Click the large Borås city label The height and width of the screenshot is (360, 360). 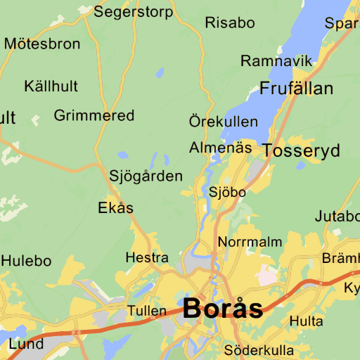(x=224, y=309)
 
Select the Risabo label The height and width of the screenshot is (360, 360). (x=230, y=22)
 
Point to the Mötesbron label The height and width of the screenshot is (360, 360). (x=42, y=44)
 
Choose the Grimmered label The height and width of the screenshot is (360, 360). (x=94, y=115)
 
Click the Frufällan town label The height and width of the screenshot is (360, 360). (x=297, y=89)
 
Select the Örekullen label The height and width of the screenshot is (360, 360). (x=224, y=122)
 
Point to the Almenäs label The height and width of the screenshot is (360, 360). (x=221, y=148)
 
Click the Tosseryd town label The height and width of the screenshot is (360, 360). (x=302, y=150)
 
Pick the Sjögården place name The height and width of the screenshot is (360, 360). (x=146, y=176)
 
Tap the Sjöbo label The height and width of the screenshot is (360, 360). (x=228, y=192)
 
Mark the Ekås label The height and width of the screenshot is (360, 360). (x=116, y=208)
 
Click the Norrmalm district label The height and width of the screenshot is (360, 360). (x=250, y=242)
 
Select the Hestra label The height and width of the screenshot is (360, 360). (x=147, y=258)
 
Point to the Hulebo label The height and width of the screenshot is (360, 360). (x=26, y=261)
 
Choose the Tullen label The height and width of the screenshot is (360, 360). (x=147, y=311)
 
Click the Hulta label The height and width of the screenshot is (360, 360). (x=307, y=321)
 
